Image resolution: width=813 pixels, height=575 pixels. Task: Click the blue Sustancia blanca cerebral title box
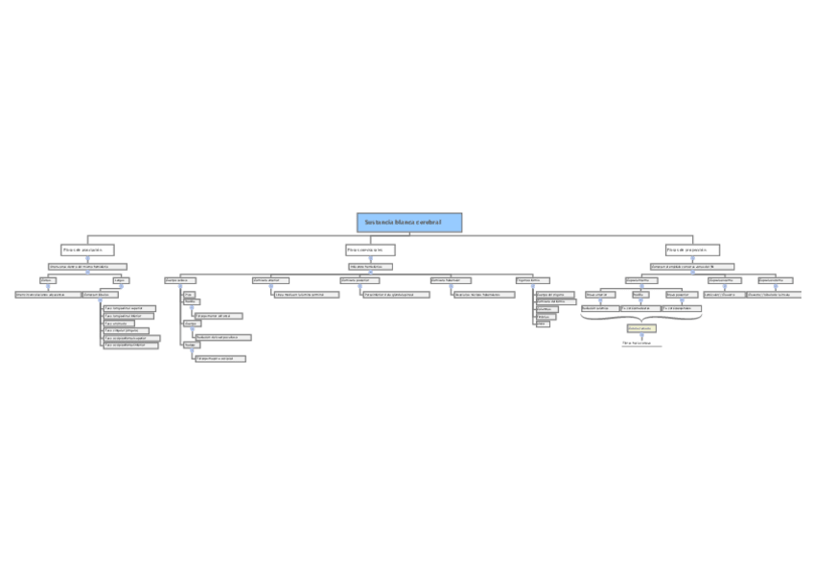(409, 223)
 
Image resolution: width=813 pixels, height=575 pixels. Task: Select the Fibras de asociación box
(87, 250)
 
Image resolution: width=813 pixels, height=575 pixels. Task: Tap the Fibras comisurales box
(370, 250)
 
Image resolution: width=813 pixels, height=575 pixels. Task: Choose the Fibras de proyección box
(692, 250)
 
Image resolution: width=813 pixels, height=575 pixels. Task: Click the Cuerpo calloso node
(180, 280)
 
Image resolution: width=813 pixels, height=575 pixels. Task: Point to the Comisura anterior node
(270, 280)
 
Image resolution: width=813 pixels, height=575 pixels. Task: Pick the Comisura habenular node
(452, 280)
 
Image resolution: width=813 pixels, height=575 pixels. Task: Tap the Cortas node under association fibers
(47, 280)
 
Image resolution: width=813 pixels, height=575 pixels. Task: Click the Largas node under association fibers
(121, 280)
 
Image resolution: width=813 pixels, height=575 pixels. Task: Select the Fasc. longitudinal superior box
(129, 308)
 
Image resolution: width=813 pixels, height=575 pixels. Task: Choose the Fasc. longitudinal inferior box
(128, 316)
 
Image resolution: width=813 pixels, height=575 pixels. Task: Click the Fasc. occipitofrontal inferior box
(130, 346)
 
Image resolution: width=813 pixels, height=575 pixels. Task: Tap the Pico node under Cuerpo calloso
(189, 294)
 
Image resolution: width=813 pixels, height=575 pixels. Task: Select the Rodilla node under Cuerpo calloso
(191, 301)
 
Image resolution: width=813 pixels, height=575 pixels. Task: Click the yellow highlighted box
(641, 328)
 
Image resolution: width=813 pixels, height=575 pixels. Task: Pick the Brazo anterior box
(597, 295)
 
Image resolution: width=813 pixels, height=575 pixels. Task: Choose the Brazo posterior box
(681, 295)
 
